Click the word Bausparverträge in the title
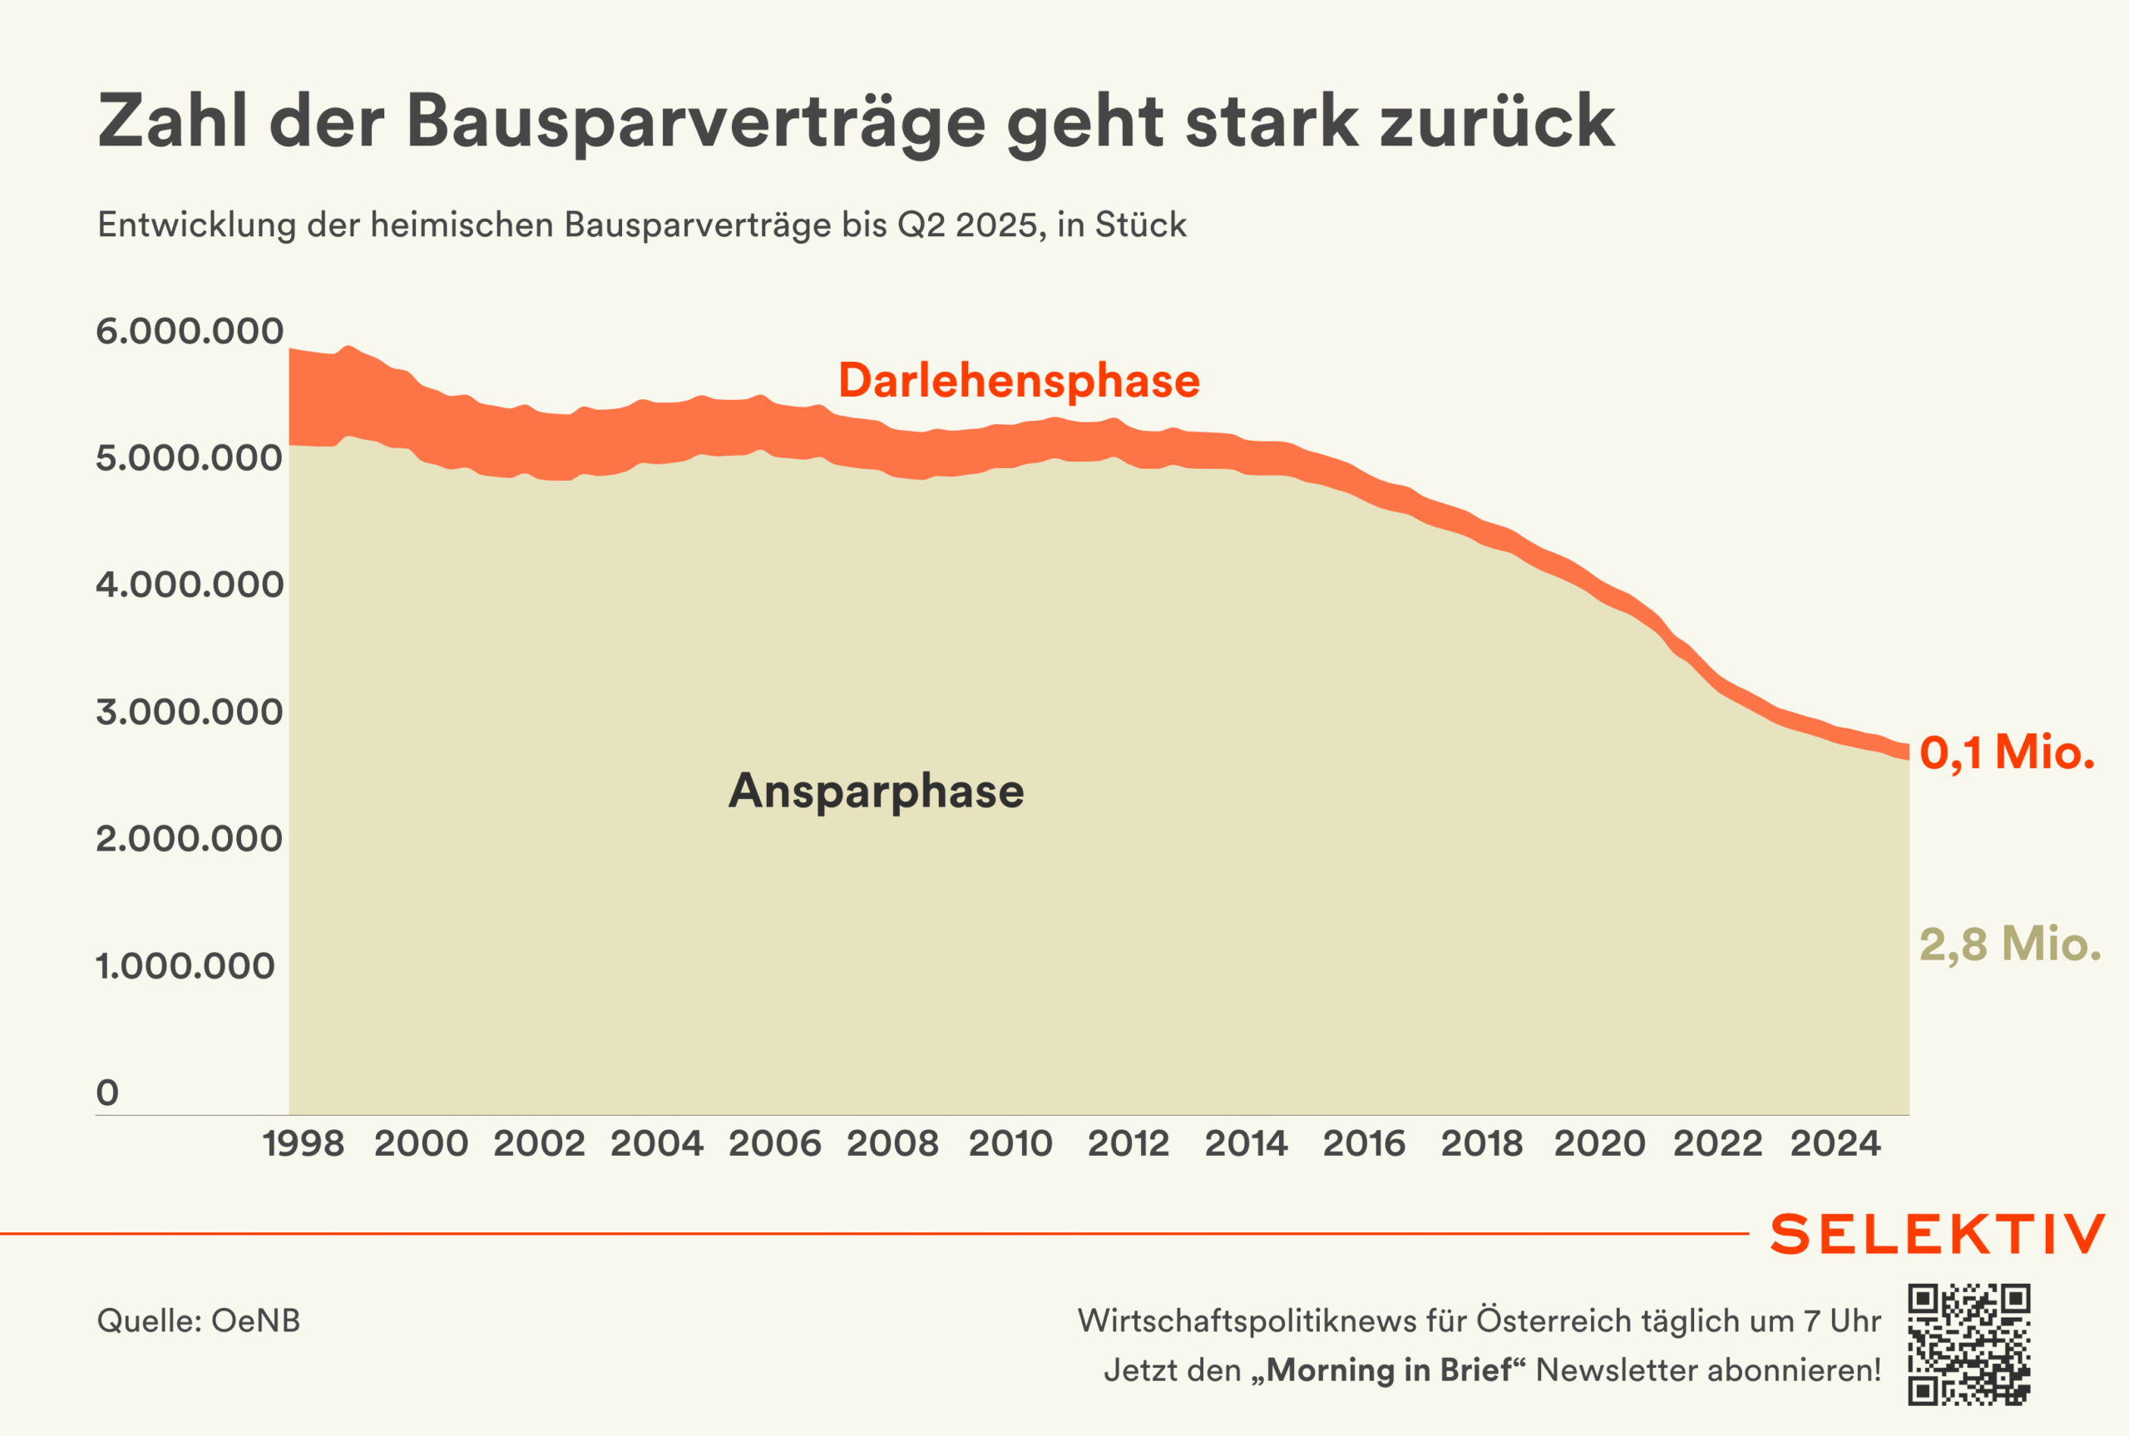tap(696, 121)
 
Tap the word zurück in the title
tap(1497, 121)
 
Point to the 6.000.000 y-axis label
tap(190, 331)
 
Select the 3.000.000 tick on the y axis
tap(190, 712)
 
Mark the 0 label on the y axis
tap(107, 1093)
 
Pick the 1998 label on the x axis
tap(303, 1144)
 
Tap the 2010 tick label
tap(1011, 1144)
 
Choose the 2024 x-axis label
tap(1836, 1144)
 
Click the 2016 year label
tap(1365, 1144)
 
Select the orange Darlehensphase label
tap(1018, 381)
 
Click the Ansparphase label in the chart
tap(877, 792)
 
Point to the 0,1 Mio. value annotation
tap(2006, 753)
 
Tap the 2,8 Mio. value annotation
tap(2010, 945)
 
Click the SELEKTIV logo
tap(1938, 1235)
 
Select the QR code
tap(1969, 1345)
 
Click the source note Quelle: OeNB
tap(199, 1320)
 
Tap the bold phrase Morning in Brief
tap(1388, 1370)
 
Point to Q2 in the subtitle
tap(921, 225)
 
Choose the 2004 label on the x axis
tap(656, 1144)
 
